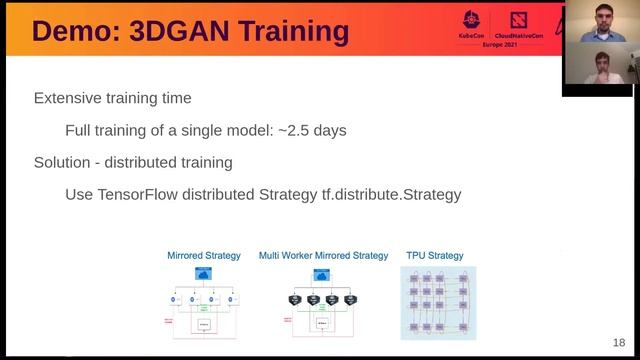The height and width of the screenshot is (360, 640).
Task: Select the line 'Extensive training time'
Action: [113, 98]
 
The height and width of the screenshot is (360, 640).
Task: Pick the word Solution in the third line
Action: [65, 162]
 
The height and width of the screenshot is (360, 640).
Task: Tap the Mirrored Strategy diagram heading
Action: [204, 255]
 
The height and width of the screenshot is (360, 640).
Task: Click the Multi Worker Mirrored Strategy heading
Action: [323, 255]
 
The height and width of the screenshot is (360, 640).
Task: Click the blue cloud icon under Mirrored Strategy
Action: [204, 273]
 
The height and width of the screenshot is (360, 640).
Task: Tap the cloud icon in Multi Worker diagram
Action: [323, 273]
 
